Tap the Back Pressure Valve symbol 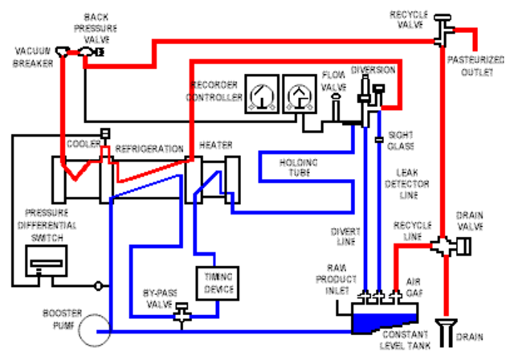point(86,52)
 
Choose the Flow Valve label point(333,80)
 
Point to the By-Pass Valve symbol point(181,312)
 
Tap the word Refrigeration point(149,149)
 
